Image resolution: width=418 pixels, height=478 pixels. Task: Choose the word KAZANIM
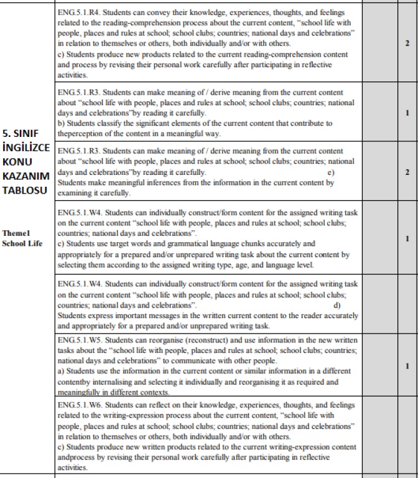click(x=27, y=176)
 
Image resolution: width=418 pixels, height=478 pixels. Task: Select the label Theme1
click(x=16, y=233)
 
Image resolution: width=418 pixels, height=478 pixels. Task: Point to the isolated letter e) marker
click(x=332, y=172)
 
